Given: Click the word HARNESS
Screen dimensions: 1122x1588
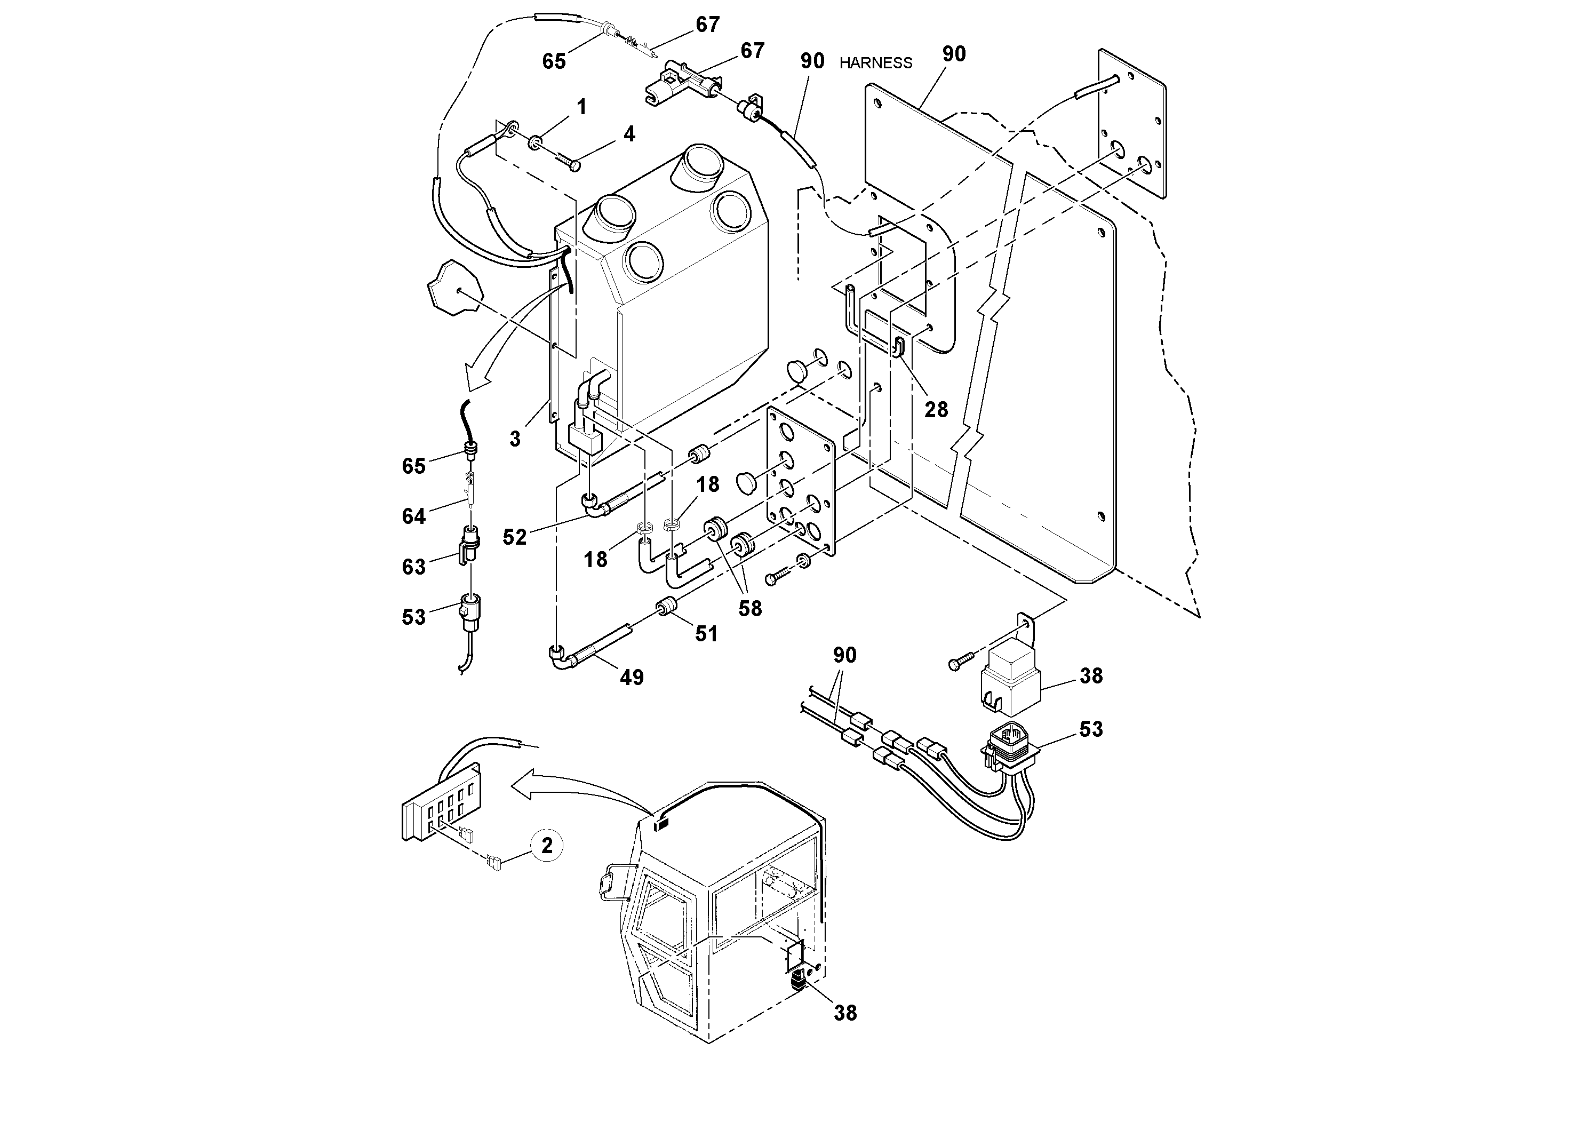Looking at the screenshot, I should (875, 63).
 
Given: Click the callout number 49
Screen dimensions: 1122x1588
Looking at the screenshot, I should (632, 677).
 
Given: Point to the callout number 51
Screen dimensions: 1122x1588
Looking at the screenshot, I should (706, 634).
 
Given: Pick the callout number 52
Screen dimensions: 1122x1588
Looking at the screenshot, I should (515, 537).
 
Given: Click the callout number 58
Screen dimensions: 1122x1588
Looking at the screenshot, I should (750, 609).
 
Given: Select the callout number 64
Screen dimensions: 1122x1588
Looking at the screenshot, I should (413, 516).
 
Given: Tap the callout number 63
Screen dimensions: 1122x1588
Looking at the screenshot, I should (413, 567).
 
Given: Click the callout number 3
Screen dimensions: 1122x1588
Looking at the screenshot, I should (515, 439).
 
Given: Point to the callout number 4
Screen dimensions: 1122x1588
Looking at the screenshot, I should (629, 133).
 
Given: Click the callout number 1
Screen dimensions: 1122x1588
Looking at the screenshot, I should (581, 107).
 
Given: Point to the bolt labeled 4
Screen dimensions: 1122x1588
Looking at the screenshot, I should (564, 161).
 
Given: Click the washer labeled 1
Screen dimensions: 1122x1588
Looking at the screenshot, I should (536, 143).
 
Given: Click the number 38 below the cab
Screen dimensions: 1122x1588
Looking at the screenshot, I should (845, 1013).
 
